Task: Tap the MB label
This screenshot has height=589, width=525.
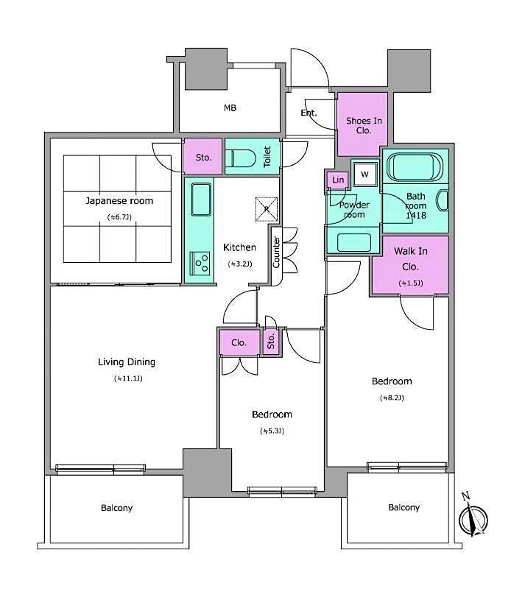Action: coord(230,108)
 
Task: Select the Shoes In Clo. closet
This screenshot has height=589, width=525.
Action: coord(362,124)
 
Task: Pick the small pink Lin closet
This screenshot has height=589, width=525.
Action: coord(338,180)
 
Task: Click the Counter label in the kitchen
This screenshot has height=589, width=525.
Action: coord(276,250)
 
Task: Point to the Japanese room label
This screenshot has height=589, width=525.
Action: coord(119,200)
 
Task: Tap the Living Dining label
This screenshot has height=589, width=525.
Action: coord(127,361)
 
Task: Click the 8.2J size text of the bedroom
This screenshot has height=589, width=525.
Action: coord(391,398)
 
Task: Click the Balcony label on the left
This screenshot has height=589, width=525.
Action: coord(117,508)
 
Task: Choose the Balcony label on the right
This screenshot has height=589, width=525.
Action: coord(404,507)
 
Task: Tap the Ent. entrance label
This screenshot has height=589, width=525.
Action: coord(309,113)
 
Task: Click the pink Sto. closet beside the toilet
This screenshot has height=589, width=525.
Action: coord(204,157)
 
